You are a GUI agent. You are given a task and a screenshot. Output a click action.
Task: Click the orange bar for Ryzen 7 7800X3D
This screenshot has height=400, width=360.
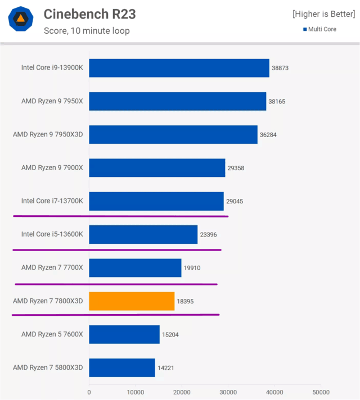132,301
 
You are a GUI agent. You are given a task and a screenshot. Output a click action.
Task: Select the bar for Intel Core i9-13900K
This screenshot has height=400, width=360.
179,68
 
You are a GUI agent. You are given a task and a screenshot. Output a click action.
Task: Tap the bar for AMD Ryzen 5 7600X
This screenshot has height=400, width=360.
124,334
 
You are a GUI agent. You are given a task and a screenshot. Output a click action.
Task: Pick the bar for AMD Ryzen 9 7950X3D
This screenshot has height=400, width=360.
173,134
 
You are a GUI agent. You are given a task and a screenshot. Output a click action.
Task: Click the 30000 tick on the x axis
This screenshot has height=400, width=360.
228,392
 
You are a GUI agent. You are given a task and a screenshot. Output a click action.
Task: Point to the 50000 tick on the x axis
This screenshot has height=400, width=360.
321,392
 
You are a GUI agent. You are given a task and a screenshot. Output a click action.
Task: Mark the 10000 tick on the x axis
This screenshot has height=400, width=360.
135,392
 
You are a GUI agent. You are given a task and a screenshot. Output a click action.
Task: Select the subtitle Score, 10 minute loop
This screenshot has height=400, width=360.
87,31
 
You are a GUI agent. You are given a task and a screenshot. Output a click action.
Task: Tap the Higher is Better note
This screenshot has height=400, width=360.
323,14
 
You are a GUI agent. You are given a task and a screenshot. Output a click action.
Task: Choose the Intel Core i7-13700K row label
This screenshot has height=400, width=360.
52,201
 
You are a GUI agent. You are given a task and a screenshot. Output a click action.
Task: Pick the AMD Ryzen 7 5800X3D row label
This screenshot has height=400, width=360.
48,367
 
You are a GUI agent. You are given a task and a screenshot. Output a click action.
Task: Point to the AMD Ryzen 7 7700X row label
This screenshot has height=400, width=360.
52,267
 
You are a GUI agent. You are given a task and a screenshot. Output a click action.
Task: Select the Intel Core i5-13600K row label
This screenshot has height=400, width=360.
52,234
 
